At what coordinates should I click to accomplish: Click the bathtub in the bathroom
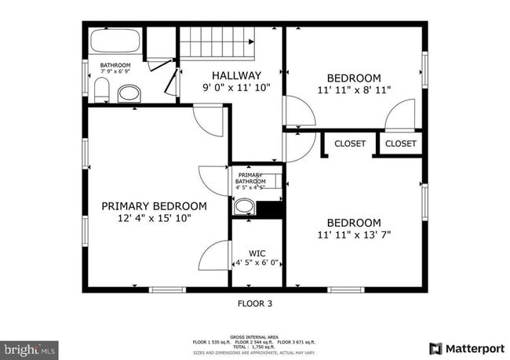(x=115, y=42)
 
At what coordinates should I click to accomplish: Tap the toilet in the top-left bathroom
(x=101, y=90)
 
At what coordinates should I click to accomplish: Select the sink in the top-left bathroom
(x=129, y=94)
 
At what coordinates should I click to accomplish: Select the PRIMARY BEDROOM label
(x=154, y=205)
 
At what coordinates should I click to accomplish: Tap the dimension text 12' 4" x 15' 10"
(x=154, y=219)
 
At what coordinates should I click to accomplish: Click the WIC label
(x=257, y=253)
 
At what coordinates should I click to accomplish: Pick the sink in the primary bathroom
(x=245, y=207)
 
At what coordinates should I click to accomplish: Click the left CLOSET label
(x=350, y=144)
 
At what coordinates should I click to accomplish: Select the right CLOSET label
(x=400, y=144)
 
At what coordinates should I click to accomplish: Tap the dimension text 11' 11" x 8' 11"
(x=354, y=91)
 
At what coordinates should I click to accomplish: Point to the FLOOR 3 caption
(x=255, y=303)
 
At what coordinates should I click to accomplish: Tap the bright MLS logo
(x=29, y=348)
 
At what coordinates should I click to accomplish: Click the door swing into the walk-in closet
(x=213, y=256)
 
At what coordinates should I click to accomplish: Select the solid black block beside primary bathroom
(x=270, y=209)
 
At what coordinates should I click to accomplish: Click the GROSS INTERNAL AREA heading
(x=255, y=335)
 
